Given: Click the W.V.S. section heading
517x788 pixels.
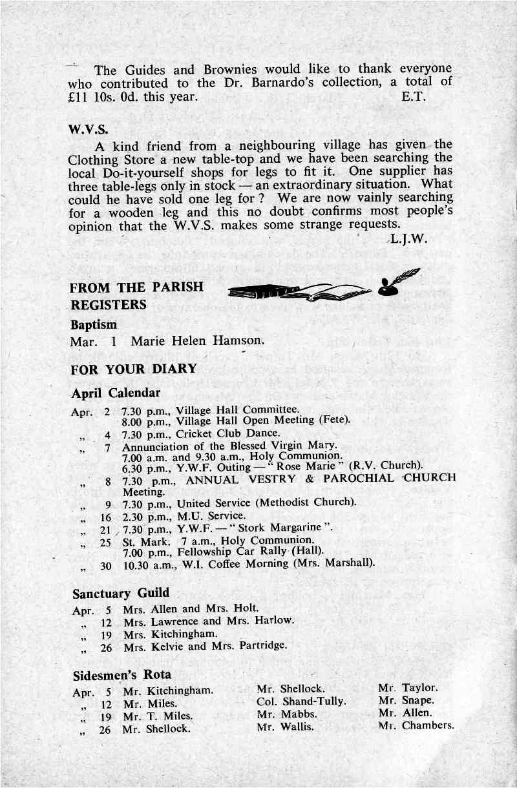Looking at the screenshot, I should [87, 130].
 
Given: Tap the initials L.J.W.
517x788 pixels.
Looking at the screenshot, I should [408, 240].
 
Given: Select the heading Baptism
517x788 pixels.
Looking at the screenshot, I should [94, 324].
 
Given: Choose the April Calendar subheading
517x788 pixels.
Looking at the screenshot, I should [116, 393].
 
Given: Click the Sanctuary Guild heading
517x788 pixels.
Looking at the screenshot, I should [121, 593].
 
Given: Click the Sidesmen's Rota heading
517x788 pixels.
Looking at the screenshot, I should [122, 675].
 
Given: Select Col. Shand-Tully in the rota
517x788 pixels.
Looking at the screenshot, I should [301, 701].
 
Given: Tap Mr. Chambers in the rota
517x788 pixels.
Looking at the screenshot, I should [417, 725].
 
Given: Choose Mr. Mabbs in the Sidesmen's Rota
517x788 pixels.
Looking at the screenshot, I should [286, 714].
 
